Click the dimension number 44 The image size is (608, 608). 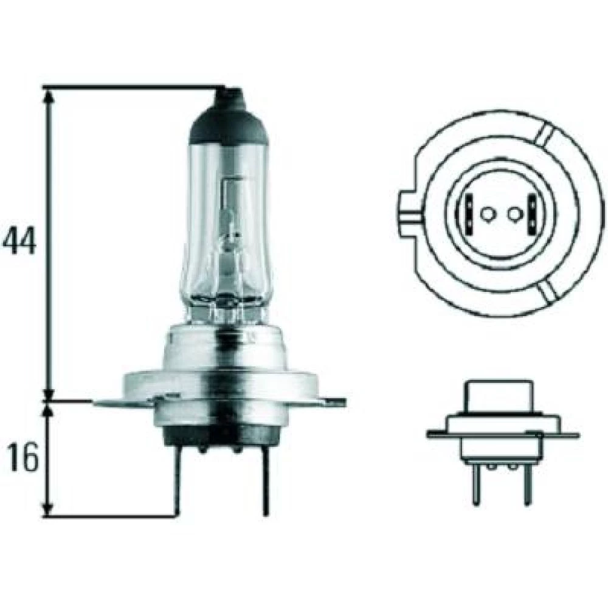(x=19, y=240)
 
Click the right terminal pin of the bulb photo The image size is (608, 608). (x=265, y=481)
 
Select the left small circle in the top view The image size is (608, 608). (x=486, y=214)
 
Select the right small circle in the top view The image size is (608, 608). (x=515, y=214)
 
